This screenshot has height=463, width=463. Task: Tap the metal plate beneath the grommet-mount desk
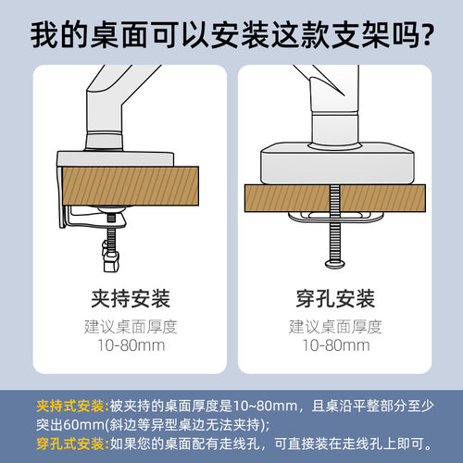pos(335,217)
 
